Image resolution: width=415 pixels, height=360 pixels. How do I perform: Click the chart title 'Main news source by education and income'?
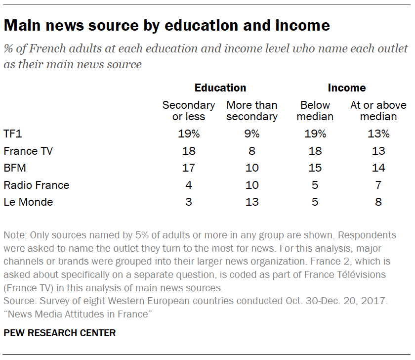(x=166, y=25)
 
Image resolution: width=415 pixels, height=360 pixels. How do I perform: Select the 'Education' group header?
(x=220, y=88)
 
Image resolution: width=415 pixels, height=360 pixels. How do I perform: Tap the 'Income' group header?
(x=347, y=88)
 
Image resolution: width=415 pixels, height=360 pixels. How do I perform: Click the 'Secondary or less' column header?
(x=189, y=111)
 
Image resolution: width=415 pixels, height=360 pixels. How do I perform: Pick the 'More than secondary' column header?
(x=252, y=111)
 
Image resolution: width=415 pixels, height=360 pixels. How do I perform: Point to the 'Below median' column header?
(x=315, y=111)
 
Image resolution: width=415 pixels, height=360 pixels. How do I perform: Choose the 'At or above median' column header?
(x=378, y=111)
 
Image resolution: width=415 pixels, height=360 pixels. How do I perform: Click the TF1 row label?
(x=14, y=134)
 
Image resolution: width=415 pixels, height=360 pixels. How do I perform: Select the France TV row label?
(x=28, y=151)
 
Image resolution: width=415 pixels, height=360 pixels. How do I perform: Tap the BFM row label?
(x=15, y=168)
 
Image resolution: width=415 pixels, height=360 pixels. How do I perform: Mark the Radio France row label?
(x=37, y=185)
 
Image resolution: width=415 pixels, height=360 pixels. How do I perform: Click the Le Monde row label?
(x=28, y=202)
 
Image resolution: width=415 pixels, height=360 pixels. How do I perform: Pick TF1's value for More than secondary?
(x=252, y=134)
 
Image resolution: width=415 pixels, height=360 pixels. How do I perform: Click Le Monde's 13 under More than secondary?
(x=252, y=202)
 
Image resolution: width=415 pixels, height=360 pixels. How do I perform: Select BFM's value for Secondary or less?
(x=189, y=168)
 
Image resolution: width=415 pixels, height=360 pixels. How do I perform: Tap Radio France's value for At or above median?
(x=378, y=185)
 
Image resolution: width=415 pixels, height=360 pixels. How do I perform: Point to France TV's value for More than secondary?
(x=252, y=151)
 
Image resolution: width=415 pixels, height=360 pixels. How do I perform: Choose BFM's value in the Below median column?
(x=315, y=168)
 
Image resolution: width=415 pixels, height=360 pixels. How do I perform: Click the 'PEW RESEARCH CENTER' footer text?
(x=60, y=333)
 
